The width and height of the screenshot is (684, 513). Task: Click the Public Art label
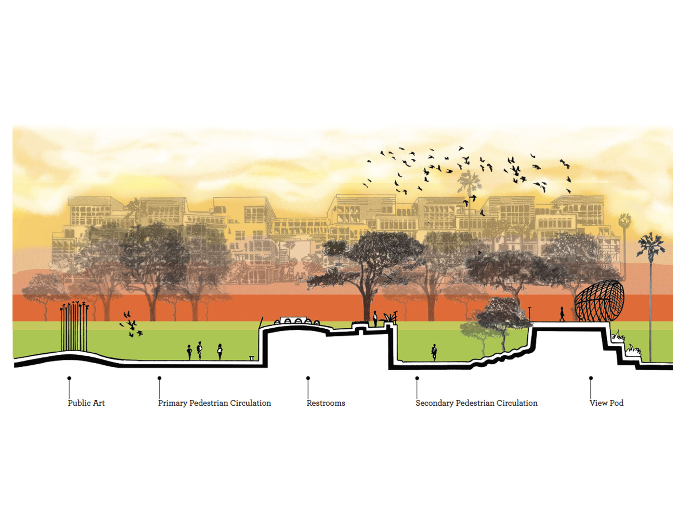86,403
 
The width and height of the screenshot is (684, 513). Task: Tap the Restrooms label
326,403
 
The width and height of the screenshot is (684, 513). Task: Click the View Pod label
606,403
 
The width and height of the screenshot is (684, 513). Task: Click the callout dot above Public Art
69,378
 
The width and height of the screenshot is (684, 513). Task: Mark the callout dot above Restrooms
308,378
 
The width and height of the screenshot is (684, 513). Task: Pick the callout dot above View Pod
591,378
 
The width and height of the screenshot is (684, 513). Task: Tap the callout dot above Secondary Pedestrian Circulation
417,378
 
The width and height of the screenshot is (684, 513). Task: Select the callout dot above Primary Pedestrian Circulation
159,378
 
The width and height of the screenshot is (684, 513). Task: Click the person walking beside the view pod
562,314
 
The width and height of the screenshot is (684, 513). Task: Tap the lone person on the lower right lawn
434,352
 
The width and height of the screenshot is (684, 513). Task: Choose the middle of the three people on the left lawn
199,350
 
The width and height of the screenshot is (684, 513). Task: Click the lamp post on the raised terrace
530,314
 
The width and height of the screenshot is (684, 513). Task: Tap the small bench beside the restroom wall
252,358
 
